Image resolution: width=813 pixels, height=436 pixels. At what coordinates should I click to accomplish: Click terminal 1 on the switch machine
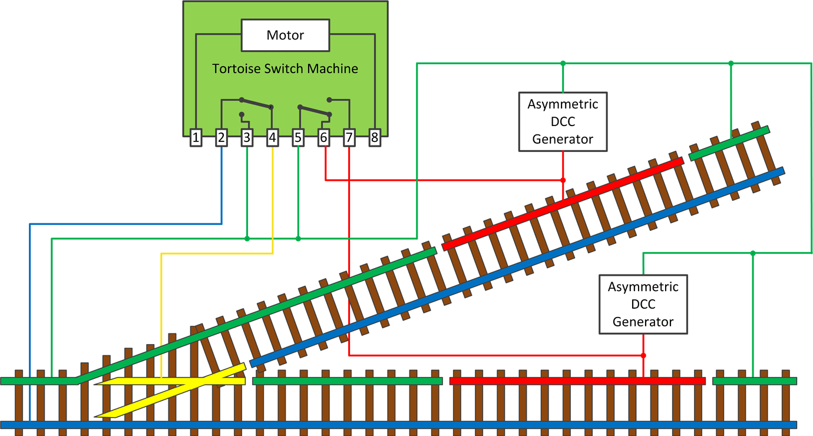click(196, 138)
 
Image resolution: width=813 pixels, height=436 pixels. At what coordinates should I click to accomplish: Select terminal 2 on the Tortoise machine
click(222, 138)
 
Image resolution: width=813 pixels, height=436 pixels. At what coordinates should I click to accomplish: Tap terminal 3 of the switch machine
click(247, 138)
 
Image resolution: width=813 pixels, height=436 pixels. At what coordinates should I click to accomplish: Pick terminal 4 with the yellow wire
click(272, 138)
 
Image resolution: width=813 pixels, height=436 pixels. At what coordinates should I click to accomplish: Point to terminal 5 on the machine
click(298, 138)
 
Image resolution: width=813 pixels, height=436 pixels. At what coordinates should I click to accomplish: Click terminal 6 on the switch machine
click(323, 138)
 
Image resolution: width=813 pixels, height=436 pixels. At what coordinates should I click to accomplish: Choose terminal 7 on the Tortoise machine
click(349, 138)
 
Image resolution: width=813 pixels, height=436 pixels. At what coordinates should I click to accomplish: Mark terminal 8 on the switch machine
click(375, 138)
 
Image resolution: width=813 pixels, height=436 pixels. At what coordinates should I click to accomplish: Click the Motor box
click(285, 35)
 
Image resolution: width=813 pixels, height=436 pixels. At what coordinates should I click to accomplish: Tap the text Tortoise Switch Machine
click(285, 69)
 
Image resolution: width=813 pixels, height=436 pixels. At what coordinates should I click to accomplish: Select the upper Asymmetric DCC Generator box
click(563, 122)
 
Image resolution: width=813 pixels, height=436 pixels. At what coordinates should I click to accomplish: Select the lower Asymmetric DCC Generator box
click(643, 305)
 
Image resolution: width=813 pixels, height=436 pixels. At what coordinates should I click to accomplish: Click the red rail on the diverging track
click(563, 203)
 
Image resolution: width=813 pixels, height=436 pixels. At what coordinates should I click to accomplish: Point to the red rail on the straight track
click(577, 381)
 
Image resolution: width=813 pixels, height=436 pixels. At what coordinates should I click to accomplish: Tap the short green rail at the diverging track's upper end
click(729, 142)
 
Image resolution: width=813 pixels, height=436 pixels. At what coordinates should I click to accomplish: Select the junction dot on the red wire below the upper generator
click(563, 180)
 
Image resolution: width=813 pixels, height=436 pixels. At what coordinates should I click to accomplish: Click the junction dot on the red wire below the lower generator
click(643, 356)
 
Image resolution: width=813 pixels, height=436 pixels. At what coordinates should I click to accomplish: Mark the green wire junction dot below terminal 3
click(247, 239)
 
